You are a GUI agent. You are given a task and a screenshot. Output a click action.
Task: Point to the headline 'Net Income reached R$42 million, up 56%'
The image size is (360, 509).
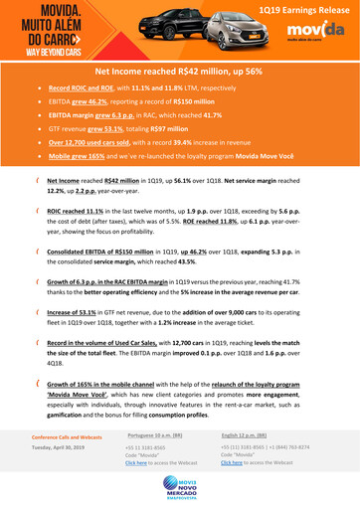(x=179, y=73)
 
